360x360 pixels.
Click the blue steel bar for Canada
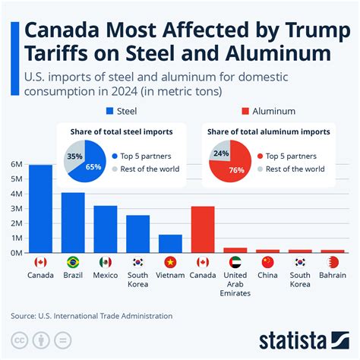(x=40, y=209)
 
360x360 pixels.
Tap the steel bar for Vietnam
(x=170, y=244)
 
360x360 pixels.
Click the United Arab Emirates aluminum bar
(x=235, y=249)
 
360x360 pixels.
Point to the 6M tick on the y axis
(x=16, y=164)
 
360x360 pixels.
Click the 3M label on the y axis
(x=16, y=208)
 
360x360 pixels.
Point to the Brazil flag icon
(x=73, y=262)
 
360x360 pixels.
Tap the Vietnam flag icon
(x=170, y=262)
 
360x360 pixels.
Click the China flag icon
(x=267, y=262)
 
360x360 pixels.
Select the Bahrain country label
(x=332, y=276)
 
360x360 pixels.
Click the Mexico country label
(x=106, y=276)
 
